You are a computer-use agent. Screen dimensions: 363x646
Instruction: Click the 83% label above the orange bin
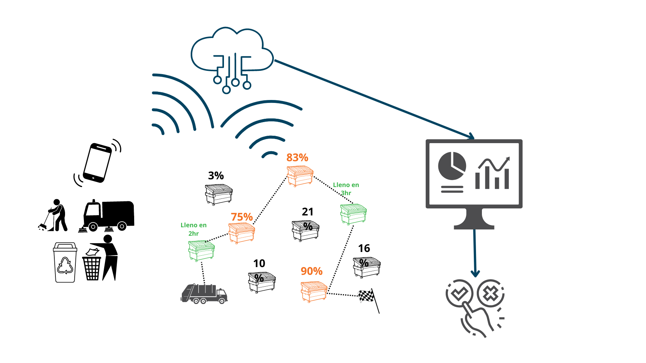pos(297,158)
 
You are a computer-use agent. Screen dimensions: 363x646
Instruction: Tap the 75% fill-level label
pos(242,217)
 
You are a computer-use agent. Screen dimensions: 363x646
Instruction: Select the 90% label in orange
pos(312,272)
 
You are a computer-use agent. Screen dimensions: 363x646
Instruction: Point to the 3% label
pos(216,176)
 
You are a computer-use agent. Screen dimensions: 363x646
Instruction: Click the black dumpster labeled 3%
pos(219,194)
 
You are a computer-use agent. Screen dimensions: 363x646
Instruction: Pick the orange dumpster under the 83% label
pos(300,176)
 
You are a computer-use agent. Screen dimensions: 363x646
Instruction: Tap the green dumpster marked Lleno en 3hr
pos(353,214)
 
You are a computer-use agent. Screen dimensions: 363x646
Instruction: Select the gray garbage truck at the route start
pos(204,294)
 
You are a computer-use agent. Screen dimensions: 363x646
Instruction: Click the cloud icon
pos(232,55)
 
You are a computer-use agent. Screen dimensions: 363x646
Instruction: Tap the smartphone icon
pos(98,162)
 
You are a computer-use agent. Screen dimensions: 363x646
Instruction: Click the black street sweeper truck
pos(108,216)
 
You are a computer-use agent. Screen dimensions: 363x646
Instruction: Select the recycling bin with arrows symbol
pos(65,262)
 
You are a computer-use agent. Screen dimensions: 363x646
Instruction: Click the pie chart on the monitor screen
pos(452,166)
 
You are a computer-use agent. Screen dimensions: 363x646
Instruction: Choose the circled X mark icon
pos(490,294)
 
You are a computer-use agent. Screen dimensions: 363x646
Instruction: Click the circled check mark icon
pos(459,294)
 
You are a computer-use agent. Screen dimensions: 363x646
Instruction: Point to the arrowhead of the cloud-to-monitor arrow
pos(472,137)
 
